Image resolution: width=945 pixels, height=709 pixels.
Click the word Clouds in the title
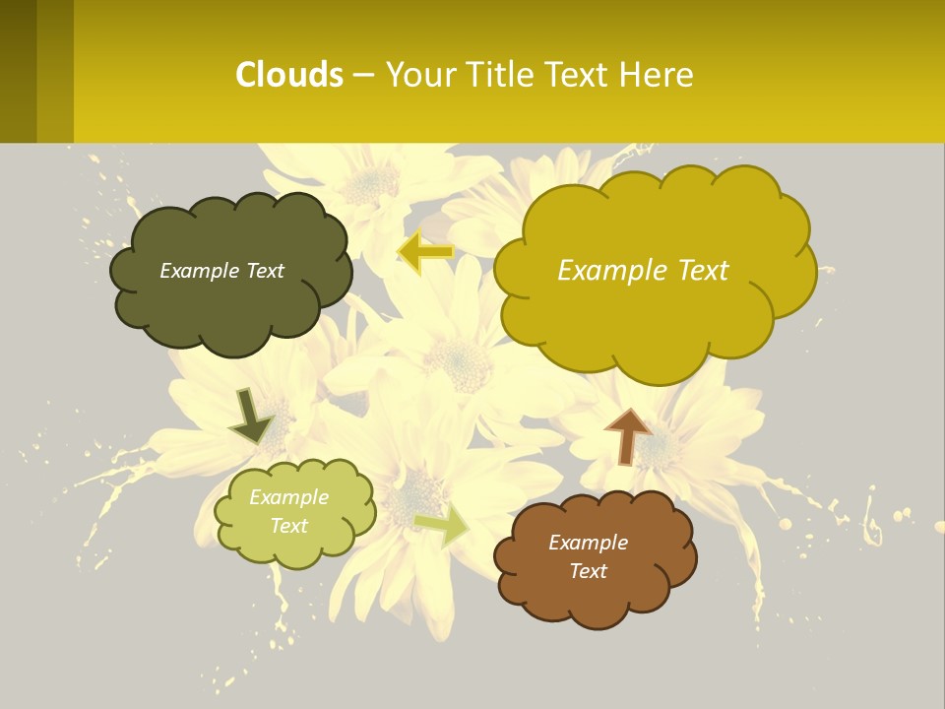click(x=289, y=75)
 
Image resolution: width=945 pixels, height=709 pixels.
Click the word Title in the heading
click(x=490, y=75)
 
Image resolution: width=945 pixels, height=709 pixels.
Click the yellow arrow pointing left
click(x=424, y=252)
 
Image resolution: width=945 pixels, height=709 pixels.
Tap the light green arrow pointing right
click(x=442, y=526)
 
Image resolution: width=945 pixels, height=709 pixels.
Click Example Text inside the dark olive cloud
click(x=221, y=271)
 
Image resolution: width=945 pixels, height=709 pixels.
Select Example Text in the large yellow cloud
click(x=643, y=271)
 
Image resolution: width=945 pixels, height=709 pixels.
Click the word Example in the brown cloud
click(x=588, y=543)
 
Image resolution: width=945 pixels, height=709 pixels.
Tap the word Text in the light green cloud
click(x=288, y=526)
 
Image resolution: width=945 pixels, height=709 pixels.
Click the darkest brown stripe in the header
click(x=18, y=71)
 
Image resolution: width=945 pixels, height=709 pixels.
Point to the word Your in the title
click(x=419, y=75)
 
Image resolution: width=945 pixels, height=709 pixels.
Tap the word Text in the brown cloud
click(x=588, y=571)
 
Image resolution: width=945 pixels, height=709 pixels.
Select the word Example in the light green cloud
click(x=288, y=497)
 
